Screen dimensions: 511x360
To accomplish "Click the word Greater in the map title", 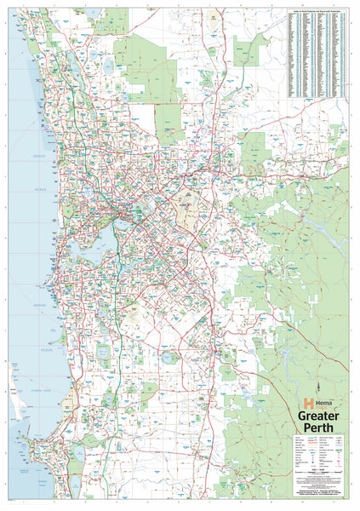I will tap(318, 415).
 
